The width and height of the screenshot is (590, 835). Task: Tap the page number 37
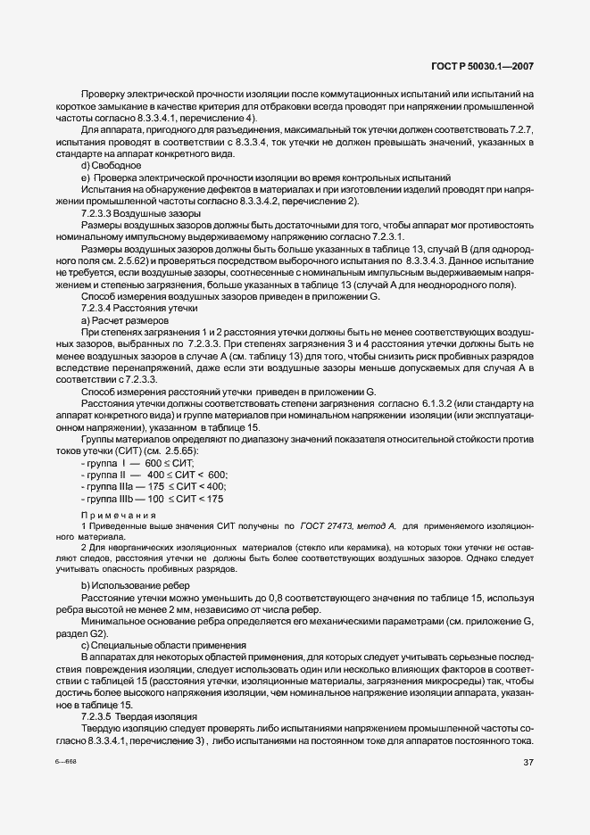(x=528, y=761)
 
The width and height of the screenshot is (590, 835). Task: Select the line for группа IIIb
(x=153, y=499)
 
